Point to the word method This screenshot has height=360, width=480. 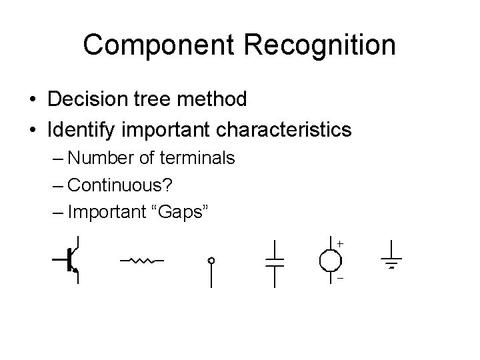(214, 100)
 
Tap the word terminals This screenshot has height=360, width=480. (197, 158)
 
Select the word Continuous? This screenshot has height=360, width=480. (119, 185)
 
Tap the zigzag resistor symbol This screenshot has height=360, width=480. (142, 260)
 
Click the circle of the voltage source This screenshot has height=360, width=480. (330, 261)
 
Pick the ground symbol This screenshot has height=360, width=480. (391, 262)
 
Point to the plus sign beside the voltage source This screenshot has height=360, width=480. (340, 245)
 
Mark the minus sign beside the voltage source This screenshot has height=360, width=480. (339, 279)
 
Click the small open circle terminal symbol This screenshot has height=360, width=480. (211, 261)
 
